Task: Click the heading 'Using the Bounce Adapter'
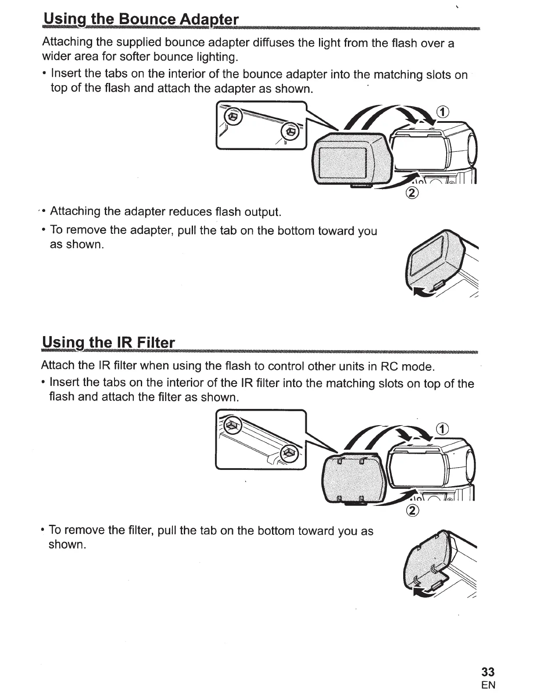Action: [140, 20]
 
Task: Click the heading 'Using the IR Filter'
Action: [108, 342]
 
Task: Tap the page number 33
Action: [488, 672]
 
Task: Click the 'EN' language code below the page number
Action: [488, 685]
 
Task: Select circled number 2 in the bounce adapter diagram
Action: [412, 192]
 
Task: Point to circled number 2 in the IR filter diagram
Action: [412, 510]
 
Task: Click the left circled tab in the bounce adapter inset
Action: [233, 117]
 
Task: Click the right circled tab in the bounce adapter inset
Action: [290, 130]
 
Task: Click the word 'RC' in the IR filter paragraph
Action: [389, 366]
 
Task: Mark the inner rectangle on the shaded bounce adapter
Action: [342, 161]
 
